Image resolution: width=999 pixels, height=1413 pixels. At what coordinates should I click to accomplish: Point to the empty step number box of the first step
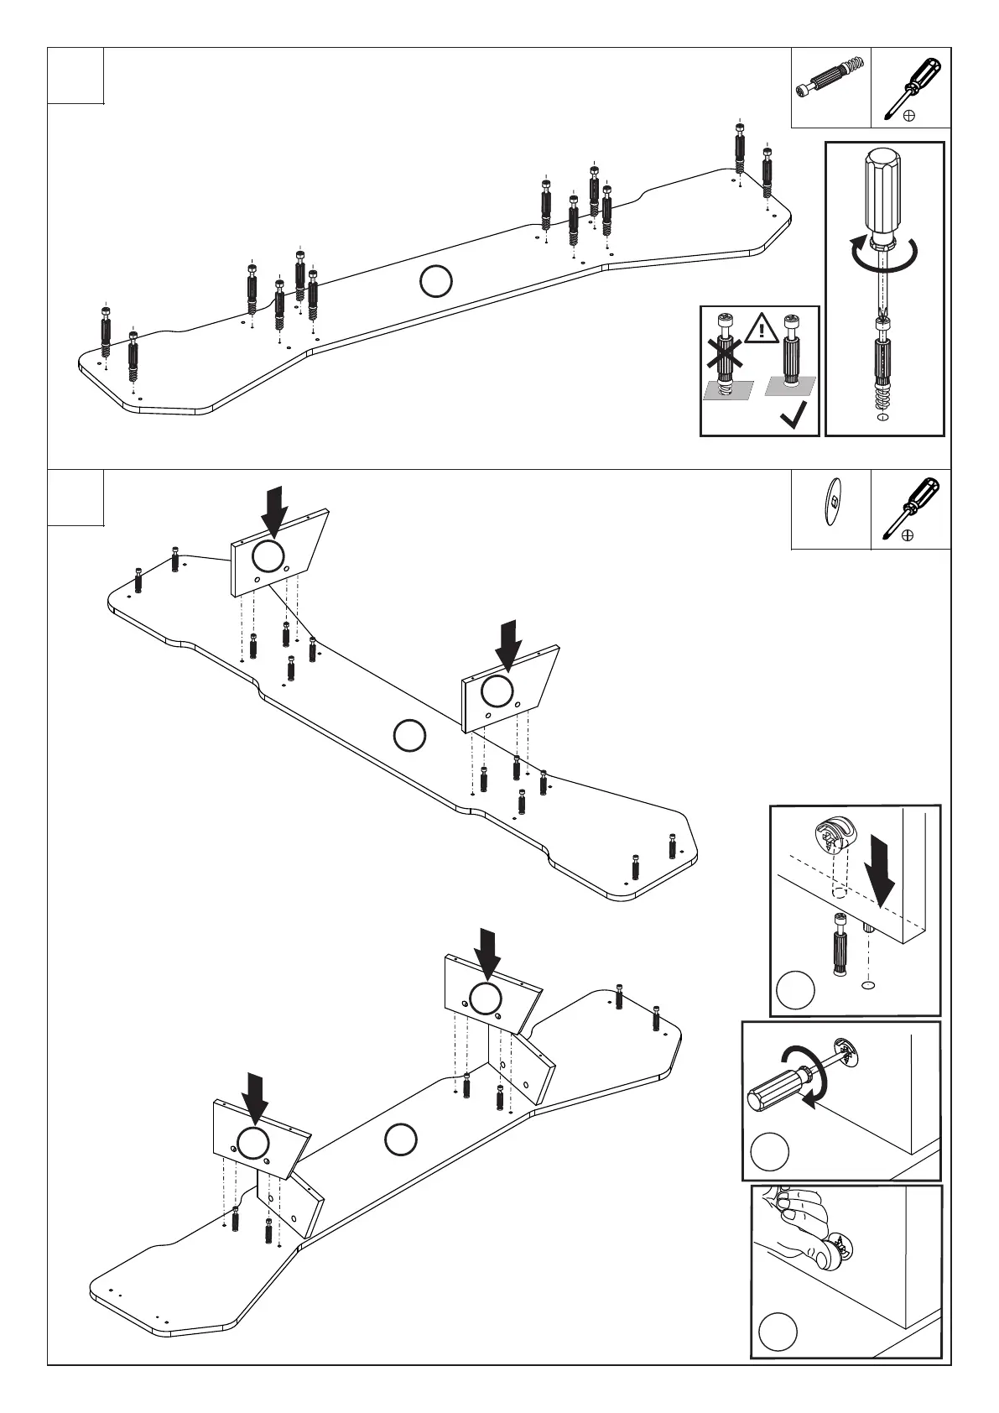75,76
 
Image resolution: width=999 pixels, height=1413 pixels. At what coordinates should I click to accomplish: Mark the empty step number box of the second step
75,498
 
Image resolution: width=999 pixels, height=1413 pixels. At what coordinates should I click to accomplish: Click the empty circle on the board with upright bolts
435,281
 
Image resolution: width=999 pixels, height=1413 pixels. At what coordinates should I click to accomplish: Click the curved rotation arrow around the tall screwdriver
882,253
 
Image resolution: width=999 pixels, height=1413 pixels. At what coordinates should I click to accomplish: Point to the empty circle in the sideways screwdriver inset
769,1151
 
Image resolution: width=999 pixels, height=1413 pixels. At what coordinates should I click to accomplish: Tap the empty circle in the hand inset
777,1332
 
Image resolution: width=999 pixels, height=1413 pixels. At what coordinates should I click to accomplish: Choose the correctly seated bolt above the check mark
790,352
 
